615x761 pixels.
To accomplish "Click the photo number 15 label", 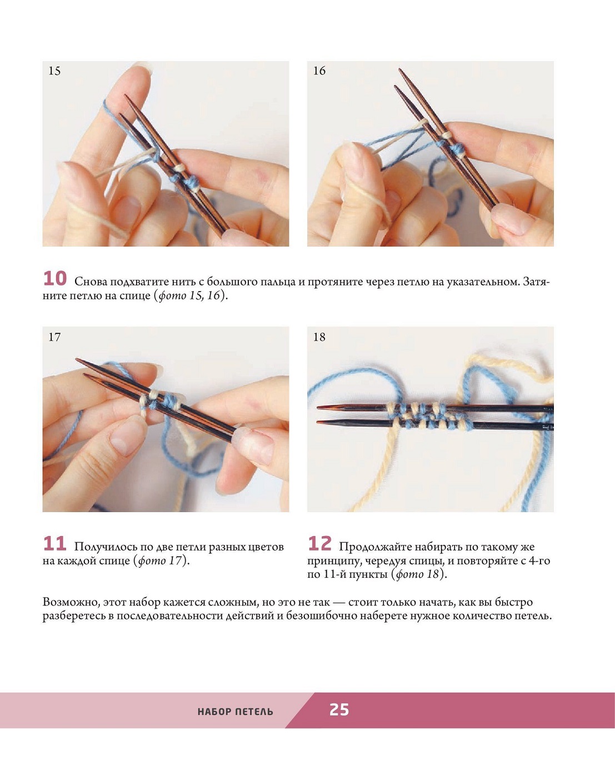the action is click(x=54, y=71).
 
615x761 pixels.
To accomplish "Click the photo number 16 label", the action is click(x=319, y=71).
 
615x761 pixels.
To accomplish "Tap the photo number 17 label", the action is click(x=54, y=337).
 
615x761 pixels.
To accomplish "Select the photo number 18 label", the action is click(x=319, y=337).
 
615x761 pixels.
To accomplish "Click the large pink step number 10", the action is click(x=54, y=279).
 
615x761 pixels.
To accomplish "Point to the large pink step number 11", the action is click(x=54, y=544).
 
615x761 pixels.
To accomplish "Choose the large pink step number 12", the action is click(x=320, y=544).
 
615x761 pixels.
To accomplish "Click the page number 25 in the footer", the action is click(x=339, y=710).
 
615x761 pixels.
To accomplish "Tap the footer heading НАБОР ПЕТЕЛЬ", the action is click(x=235, y=712).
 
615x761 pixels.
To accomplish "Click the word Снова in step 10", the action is click(x=91, y=282).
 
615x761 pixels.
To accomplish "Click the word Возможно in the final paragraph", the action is click(x=71, y=602).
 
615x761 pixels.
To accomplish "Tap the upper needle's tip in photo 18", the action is click(x=318, y=407).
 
